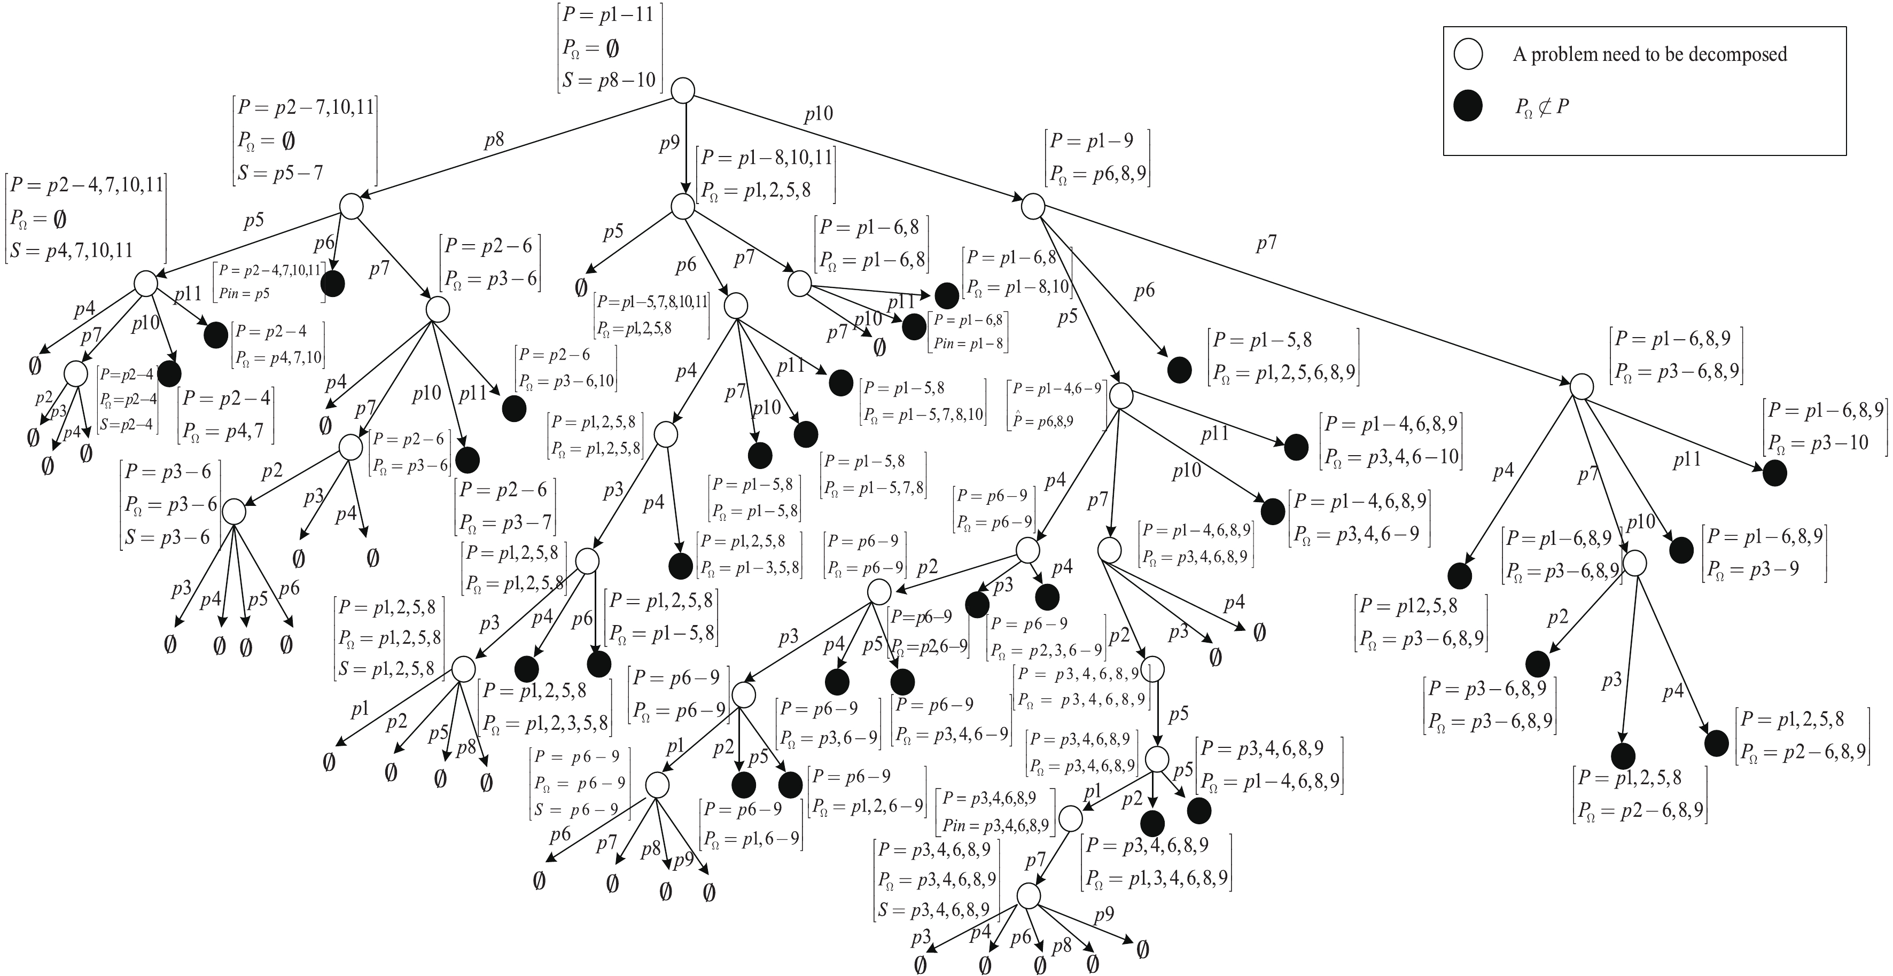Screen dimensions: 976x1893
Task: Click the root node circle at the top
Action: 683,90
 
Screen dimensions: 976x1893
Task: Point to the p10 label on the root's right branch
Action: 818,114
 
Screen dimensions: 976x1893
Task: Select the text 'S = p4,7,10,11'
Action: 71,250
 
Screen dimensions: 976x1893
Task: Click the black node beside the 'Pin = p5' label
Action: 333,284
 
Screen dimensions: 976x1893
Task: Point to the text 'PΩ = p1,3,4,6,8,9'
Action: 1156,878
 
